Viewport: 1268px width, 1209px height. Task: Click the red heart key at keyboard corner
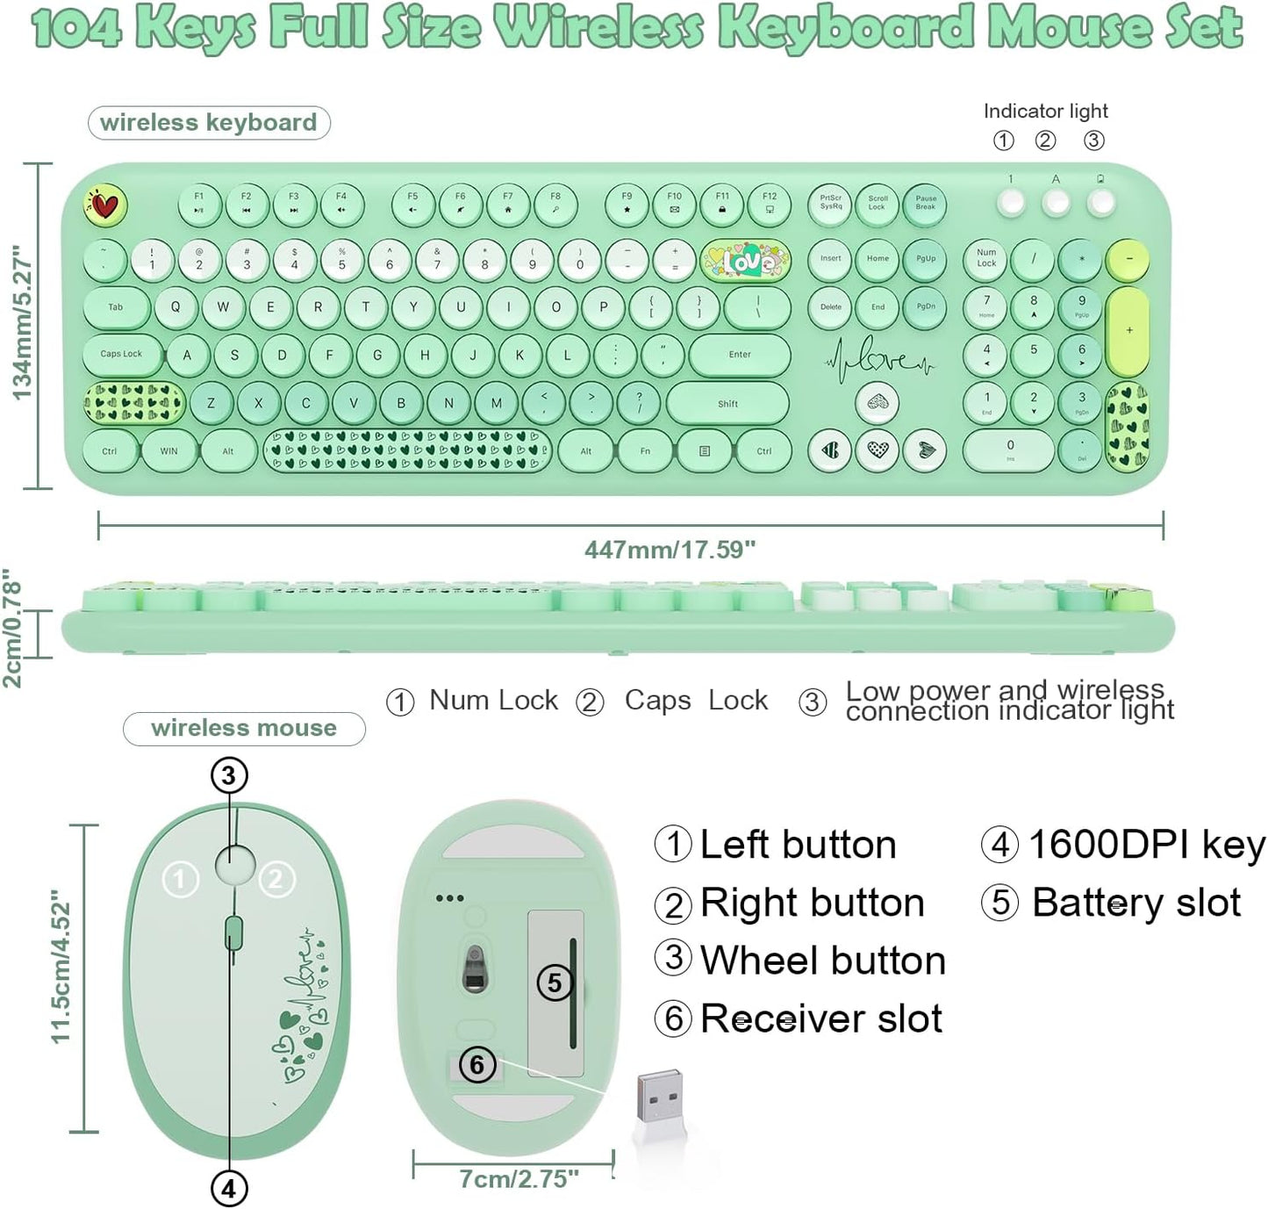[x=105, y=206]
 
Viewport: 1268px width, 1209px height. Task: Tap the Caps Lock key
[x=122, y=355]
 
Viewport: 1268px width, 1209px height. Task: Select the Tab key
[x=116, y=307]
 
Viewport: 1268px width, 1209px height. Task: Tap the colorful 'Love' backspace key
[x=746, y=260]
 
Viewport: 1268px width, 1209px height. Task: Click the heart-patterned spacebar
[x=407, y=450]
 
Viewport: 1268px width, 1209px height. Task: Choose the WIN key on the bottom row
[x=168, y=451]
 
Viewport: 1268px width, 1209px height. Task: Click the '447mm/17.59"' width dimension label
[x=670, y=551]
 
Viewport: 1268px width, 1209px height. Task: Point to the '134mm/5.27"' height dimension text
[x=22, y=325]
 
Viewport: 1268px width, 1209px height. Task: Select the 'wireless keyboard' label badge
[x=209, y=123]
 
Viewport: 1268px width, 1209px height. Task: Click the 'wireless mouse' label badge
[x=244, y=729]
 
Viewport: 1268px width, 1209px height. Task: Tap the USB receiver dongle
[x=660, y=1102]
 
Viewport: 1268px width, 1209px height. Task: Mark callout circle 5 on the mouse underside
[x=554, y=982]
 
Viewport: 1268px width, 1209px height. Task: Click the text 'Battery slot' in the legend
[x=1136, y=903]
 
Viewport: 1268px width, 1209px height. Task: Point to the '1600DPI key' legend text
[x=1146, y=845]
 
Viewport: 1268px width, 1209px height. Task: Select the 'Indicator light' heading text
[x=1045, y=112]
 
